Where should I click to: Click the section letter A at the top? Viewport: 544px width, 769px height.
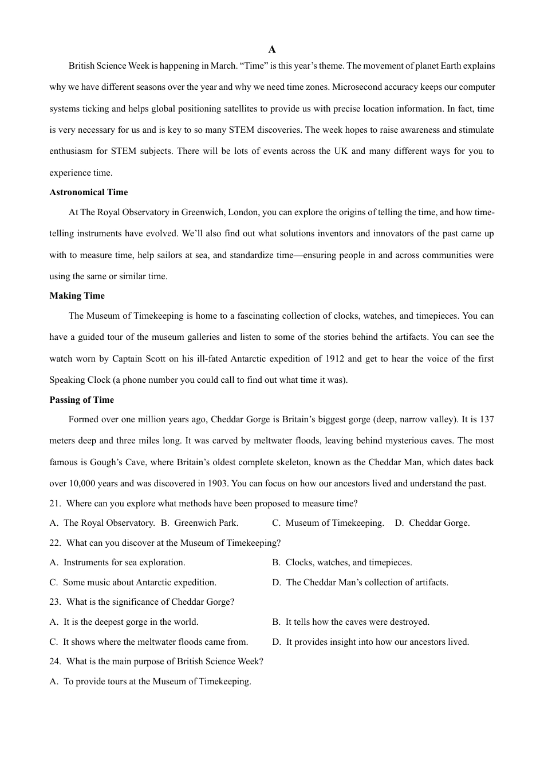point(272,50)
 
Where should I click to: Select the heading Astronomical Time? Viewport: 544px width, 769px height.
point(88,192)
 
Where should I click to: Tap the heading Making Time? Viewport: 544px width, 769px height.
point(77,296)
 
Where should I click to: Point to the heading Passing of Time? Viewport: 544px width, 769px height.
point(81,400)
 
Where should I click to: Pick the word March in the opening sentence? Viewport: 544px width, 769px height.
point(223,66)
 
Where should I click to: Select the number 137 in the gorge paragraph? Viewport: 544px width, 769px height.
point(486,419)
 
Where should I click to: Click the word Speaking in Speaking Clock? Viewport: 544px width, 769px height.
point(68,380)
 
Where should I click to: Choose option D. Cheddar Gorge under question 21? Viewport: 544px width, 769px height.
point(432,523)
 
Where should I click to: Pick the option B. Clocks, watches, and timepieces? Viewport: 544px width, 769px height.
point(342,562)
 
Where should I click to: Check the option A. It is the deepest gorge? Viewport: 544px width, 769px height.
point(124,622)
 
